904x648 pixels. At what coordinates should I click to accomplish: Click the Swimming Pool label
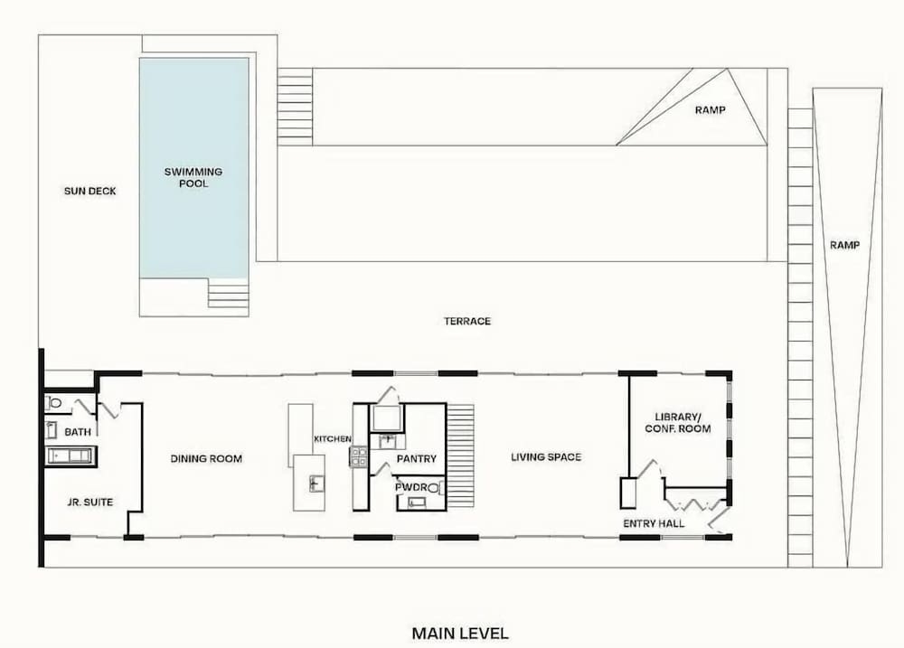pos(193,177)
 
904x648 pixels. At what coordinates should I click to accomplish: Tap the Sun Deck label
pos(89,191)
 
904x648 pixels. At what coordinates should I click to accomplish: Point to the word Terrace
pos(467,321)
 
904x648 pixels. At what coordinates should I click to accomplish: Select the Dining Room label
pos(206,459)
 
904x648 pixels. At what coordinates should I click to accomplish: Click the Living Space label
pos(546,457)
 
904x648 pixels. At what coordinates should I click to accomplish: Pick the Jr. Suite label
pos(89,502)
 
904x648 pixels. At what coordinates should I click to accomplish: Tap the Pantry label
pos(416,459)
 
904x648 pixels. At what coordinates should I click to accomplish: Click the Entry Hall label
pos(654,523)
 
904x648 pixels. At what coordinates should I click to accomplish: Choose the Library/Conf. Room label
pos(678,423)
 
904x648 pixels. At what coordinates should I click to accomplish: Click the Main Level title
pos(460,634)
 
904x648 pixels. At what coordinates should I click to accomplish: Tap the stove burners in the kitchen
pos(359,456)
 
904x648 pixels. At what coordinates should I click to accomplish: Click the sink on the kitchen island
pos(316,484)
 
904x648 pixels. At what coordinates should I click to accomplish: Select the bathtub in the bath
pos(71,456)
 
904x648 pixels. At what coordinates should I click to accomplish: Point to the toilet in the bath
pos(55,403)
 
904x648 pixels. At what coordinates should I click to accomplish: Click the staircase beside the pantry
pos(460,455)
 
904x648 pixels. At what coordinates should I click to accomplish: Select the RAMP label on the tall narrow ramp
pos(844,246)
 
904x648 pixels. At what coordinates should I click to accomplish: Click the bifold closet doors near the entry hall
pos(694,504)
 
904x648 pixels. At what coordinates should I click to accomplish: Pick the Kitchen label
pos(332,439)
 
